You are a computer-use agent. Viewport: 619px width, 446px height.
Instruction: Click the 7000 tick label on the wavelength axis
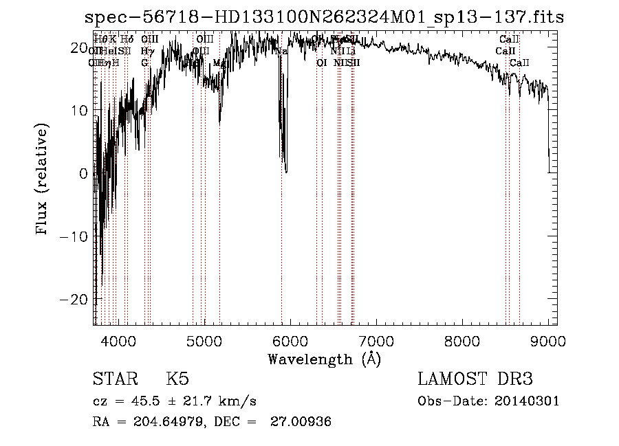[x=376, y=341]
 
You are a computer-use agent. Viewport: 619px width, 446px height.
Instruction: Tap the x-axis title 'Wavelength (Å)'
[x=324, y=359]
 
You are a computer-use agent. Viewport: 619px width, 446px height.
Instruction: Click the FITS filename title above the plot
[x=324, y=18]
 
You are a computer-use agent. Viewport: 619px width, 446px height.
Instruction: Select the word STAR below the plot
[x=114, y=379]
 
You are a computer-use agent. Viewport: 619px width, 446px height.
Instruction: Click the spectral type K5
[x=177, y=379]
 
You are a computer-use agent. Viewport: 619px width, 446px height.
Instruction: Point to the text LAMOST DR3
[x=475, y=379]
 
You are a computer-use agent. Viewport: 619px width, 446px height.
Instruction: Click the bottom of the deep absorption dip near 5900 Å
[x=285, y=170]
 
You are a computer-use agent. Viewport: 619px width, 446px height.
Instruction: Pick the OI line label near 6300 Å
[x=321, y=63]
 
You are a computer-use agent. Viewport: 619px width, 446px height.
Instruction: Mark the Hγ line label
[x=146, y=51]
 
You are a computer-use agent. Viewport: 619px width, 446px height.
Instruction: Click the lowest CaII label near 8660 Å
[x=519, y=63]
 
